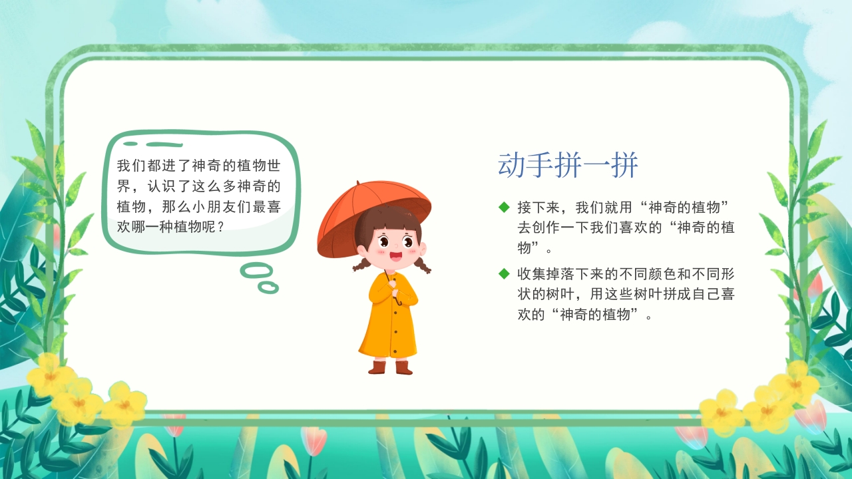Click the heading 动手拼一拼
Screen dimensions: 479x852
click(x=568, y=166)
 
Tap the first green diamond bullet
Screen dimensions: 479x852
click(x=504, y=207)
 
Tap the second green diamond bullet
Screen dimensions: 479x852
click(x=504, y=273)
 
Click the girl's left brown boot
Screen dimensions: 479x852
click(x=377, y=367)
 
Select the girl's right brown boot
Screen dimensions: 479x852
click(x=403, y=367)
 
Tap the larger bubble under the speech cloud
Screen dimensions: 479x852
click(x=256, y=270)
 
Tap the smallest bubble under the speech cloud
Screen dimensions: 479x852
click(x=268, y=287)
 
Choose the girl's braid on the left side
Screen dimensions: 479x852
click(x=360, y=264)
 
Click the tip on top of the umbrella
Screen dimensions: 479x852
click(x=358, y=183)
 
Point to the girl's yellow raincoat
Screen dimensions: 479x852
click(x=390, y=319)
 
